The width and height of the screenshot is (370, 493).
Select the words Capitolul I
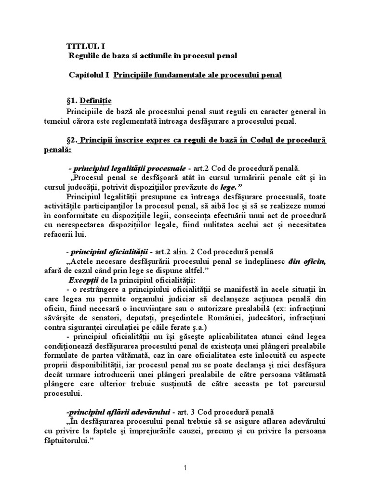tap(89, 76)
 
